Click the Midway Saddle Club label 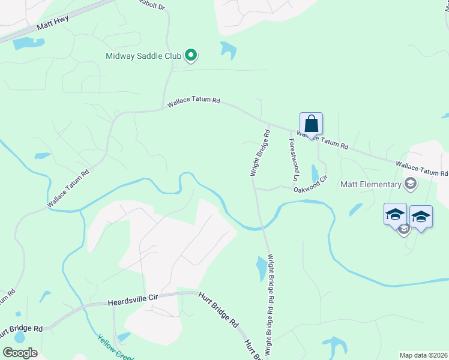(143, 57)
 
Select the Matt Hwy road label (53, 22)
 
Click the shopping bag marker (311, 124)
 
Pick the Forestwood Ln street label (294, 160)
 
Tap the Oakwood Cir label (310, 184)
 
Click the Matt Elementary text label (370, 184)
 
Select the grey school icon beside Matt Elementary (411, 184)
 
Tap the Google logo (20, 352)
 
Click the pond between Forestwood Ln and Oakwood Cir (315, 173)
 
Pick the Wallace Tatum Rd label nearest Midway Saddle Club (193, 104)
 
